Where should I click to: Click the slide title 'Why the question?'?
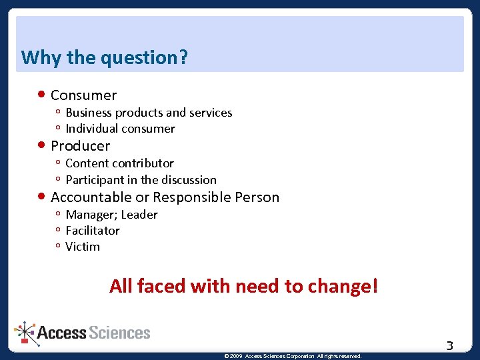(105, 58)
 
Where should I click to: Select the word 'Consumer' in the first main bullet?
(83, 95)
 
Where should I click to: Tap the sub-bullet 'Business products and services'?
(149, 113)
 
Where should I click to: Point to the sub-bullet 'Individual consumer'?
(120, 129)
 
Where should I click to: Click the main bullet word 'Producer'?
(80, 146)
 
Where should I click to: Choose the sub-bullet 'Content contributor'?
(119, 163)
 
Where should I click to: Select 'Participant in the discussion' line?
(141, 180)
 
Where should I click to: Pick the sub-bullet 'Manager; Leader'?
(111, 215)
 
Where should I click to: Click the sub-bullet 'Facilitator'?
(93, 231)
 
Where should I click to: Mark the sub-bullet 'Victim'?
(83, 247)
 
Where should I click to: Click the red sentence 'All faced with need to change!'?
(244, 286)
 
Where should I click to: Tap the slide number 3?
(449, 345)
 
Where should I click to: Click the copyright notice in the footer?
(293, 356)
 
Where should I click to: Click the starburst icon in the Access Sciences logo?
(25, 331)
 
